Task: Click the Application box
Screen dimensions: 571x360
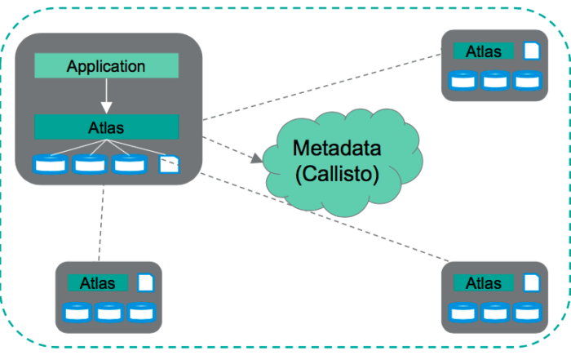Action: tap(106, 65)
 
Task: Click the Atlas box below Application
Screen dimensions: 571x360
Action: tap(106, 127)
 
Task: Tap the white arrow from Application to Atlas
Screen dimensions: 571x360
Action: tap(106, 96)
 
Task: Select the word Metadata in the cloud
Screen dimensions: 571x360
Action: tap(337, 148)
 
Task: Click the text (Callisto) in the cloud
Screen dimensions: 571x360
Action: tap(337, 174)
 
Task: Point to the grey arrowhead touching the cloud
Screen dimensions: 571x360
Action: tap(257, 158)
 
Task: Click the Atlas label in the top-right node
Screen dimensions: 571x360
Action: tap(484, 51)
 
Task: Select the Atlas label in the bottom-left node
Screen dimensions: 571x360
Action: tap(98, 283)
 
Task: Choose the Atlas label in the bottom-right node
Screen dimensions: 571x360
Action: tap(484, 283)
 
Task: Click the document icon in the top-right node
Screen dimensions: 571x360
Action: tap(531, 51)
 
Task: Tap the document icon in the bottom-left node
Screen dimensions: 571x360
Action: tap(146, 282)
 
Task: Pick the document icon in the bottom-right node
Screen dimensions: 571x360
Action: tap(531, 282)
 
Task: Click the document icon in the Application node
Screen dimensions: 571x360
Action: tap(170, 164)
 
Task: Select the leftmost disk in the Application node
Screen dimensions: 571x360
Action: tap(51, 164)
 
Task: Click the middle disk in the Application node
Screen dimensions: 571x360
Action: tap(90, 164)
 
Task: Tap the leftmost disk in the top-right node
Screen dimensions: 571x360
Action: tap(463, 80)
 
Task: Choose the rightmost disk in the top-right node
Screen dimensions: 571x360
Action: tap(527, 80)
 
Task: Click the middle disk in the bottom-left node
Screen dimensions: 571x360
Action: tap(109, 313)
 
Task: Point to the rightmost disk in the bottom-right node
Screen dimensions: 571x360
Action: tap(527, 313)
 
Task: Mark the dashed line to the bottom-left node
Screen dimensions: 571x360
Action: tap(101, 223)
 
